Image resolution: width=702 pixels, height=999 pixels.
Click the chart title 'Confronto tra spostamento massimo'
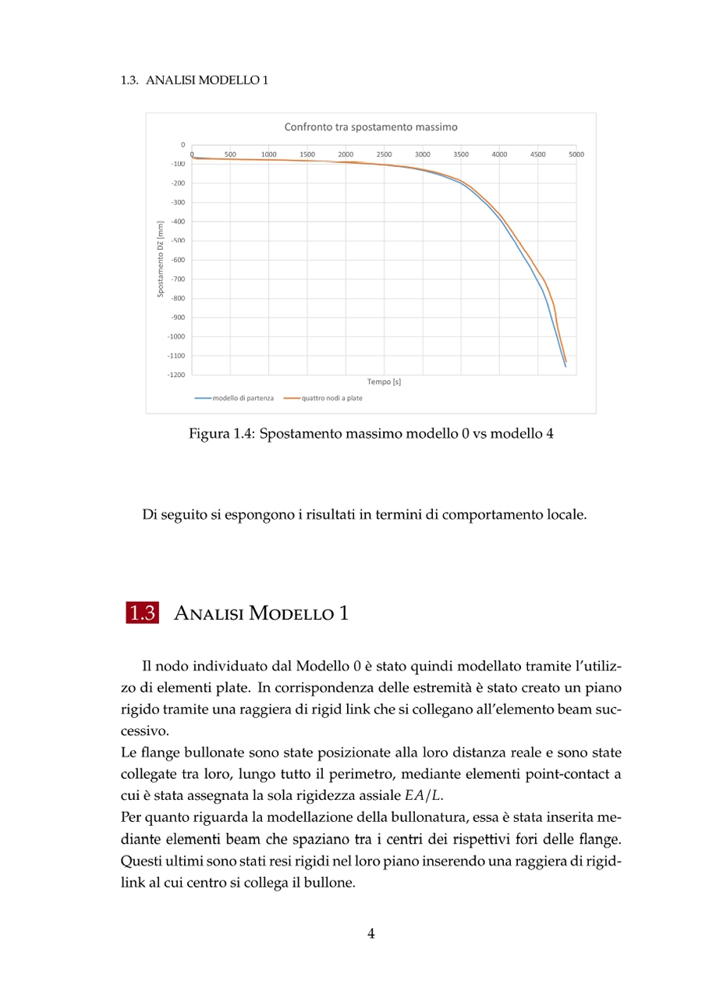[x=370, y=126]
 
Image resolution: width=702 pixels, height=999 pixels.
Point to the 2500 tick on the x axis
[x=385, y=155]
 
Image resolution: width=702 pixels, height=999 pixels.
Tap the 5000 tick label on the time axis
[x=576, y=155]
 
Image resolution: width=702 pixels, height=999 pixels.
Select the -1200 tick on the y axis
[x=175, y=375]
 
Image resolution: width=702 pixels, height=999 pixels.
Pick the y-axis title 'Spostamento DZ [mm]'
[x=161, y=258]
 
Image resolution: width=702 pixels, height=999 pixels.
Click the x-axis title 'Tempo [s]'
[x=384, y=382]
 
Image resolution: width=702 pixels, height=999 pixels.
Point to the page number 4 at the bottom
[x=371, y=933]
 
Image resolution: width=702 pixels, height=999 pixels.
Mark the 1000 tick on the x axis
[x=269, y=155]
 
